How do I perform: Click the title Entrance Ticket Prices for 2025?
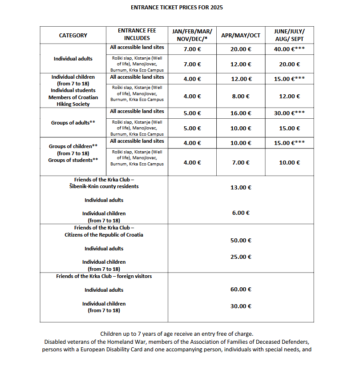pyautogui.click(x=177, y=8)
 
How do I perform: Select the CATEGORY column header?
pyautogui.click(x=73, y=36)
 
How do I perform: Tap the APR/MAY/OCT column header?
pyautogui.click(x=241, y=36)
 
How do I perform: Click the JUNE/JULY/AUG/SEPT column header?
pyautogui.click(x=289, y=35)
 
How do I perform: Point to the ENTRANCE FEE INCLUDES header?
pyautogui.click(x=137, y=34)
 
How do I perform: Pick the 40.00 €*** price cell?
pyautogui.click(x=289, y=49)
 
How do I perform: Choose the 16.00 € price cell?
pyautogui.click(x=241, y=113)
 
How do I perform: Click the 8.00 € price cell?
pyautogui.click(x=241, y=96)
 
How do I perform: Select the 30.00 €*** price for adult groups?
pyautogui.click(x=289, y=113)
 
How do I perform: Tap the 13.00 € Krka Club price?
pyautogui.click(x=241, y=188)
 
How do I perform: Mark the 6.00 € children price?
pyautogui.click(x=241, y=213)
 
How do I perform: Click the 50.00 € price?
pyautogui.click(x=241, y=241)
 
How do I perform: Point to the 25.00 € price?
pyautogui.click(x=241, y=257)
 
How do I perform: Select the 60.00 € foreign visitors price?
pyautogui.click(x=241, y=290)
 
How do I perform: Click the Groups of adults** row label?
pyautogui.click(x=73, y=123)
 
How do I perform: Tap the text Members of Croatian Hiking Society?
pyautogui.click(x=73, y=101)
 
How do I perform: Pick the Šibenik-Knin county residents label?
pyautogui.click(x=104, y=186)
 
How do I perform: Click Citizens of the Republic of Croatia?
pyautogui.click(x=104, y=235)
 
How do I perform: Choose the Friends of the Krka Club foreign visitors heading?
pyautogui.click(x=104, y=276)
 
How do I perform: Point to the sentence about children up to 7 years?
pyautogui.click(x=177, y=334)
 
